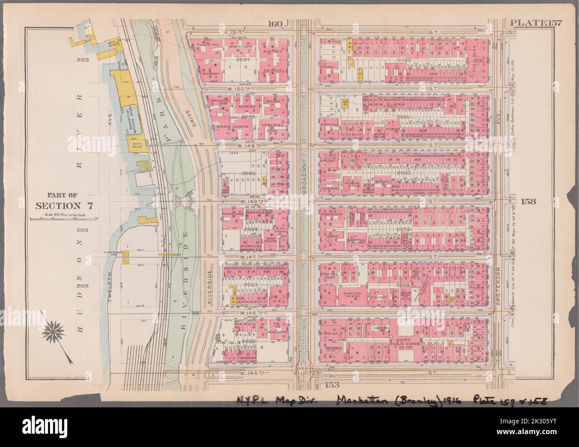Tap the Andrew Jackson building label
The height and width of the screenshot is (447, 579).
pyautogui.click(x=231, y=126)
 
